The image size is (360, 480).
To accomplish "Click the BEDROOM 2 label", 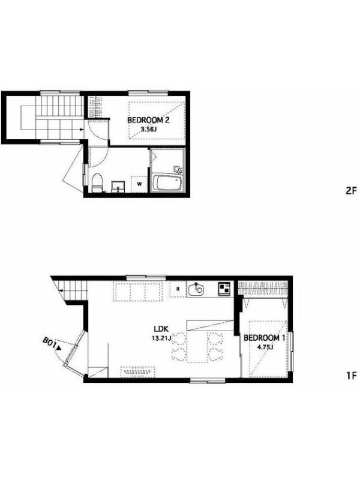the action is click(x=148, y=120).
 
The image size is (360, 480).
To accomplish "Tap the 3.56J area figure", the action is click(x=148, y=129).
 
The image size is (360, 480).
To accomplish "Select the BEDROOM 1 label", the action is click(x=265, y=338).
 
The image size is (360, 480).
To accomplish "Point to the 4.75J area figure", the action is click(x=265, y=347).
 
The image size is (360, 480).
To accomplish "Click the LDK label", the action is click(x=161, y=329).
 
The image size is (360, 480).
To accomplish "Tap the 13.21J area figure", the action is click(x=161, y=338).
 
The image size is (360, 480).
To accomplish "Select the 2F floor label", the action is click(x=351, y=191).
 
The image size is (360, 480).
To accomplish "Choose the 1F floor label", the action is click(x=352, y=376).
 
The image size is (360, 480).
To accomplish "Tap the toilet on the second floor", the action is click(x=97, y=183).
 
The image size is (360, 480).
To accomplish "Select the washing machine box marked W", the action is click(x=139, y=184).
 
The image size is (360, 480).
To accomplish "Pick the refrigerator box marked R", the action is click(x=178, y=289).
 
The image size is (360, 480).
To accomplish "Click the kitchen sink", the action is click(x=196, y=289).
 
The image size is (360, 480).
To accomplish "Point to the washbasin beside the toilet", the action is click(x=118, y=187).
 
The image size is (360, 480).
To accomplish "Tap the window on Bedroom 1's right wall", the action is click(x=292, y=352).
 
